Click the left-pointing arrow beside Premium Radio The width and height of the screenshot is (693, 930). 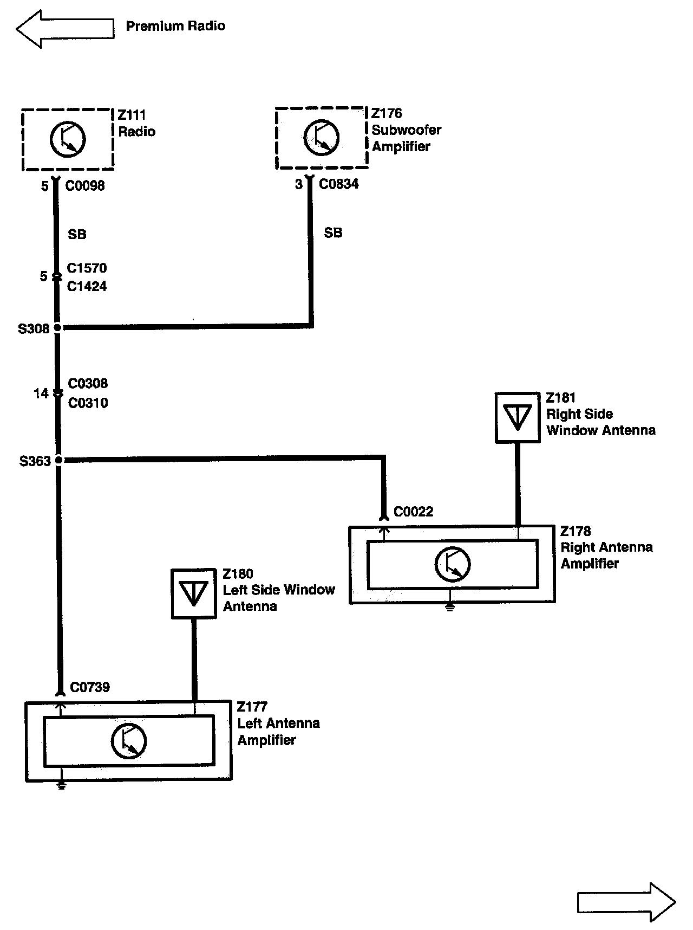65,28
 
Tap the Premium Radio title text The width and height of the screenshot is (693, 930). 175,26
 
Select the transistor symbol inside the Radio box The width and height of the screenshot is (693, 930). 68,139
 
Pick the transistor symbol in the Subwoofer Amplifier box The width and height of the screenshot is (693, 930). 321,138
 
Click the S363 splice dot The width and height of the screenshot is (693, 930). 59,461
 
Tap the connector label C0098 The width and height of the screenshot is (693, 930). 85,186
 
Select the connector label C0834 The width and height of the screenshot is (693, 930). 338,184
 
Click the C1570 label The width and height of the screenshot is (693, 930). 87,268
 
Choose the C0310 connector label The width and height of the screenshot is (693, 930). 88,403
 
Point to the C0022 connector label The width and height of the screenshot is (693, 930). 413,512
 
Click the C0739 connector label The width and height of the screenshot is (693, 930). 90,687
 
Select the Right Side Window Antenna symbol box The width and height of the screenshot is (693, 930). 518,417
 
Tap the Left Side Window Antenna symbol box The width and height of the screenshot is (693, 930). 193,593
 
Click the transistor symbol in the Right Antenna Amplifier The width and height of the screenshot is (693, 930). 452,564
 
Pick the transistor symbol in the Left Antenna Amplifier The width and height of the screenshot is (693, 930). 128,741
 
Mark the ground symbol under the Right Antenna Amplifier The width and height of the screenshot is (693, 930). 449,608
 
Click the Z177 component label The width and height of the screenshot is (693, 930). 252,707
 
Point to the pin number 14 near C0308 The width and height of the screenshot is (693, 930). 41,393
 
